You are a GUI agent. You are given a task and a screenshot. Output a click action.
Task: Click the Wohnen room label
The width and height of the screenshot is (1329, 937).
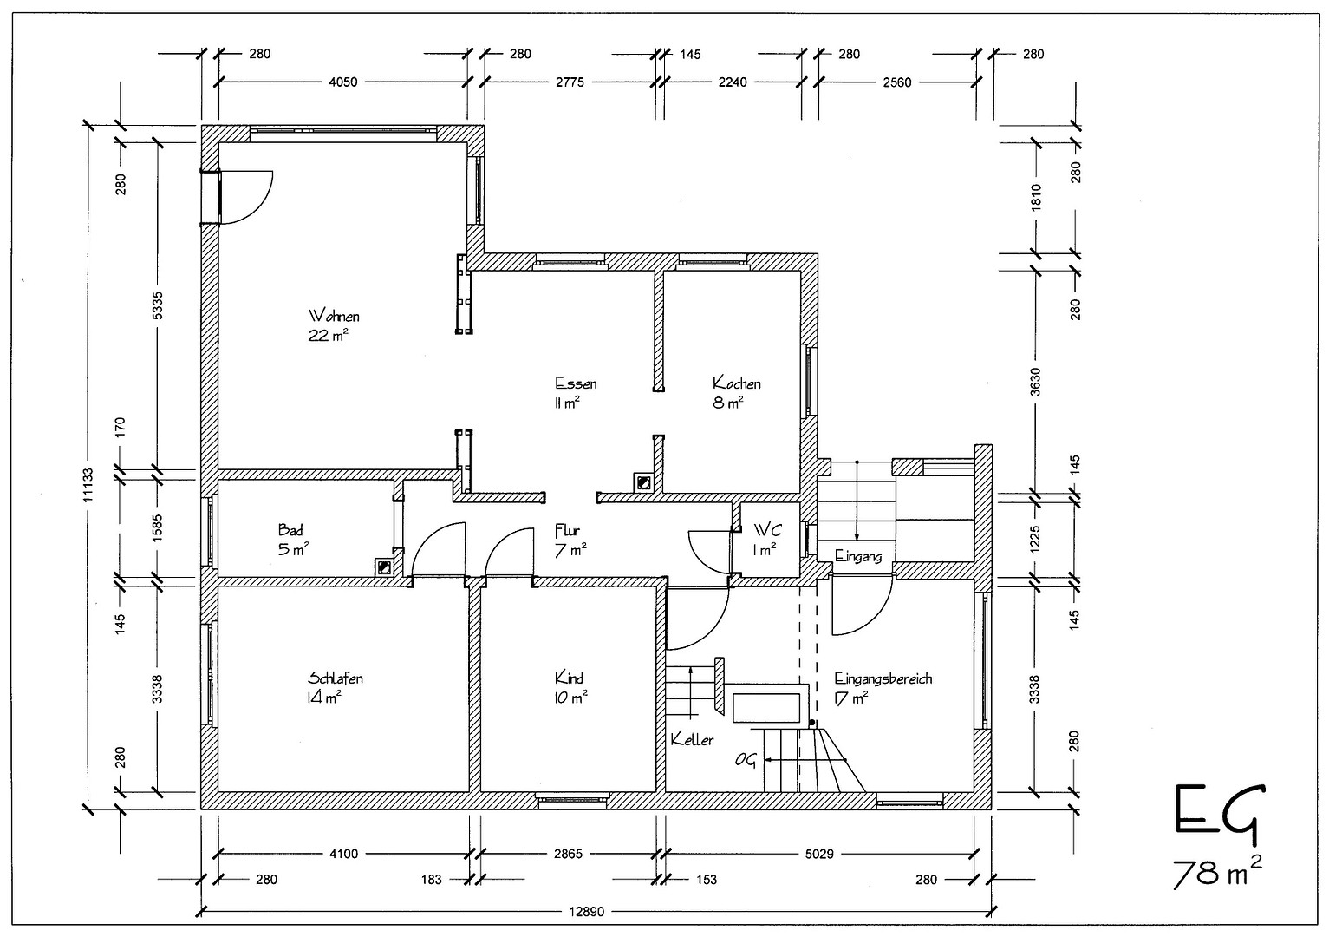coord(334,315)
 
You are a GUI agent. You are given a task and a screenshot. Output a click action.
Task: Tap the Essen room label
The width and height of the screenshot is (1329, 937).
coord(576,383)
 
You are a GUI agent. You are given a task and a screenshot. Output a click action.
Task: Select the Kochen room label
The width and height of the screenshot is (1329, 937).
coord(736,383)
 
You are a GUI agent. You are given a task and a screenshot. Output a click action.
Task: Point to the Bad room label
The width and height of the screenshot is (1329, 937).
coord(290,529)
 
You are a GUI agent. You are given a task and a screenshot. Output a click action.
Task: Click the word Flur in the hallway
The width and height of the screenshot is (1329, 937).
coord(567,529)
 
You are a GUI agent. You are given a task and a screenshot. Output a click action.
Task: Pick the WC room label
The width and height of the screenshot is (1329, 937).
coord(768,529)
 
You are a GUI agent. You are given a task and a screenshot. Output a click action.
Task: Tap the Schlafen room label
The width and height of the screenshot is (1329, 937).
coord(336,678)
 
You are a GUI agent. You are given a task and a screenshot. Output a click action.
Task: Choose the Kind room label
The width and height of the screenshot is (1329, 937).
coord(569,678)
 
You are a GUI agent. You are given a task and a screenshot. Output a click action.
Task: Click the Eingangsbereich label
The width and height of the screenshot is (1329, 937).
coord(883,678)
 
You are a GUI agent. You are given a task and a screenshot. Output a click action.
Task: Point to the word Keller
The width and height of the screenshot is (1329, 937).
coord(692,739)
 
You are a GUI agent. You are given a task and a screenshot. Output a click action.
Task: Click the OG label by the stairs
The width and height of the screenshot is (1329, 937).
coord(746,761)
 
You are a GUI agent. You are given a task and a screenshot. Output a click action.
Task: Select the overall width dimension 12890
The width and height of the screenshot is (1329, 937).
coord(586,912)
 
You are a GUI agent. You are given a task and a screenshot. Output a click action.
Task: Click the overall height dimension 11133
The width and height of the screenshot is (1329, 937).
coord(88,485)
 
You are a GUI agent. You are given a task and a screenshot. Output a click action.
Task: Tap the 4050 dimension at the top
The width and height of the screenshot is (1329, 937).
coord(343,82)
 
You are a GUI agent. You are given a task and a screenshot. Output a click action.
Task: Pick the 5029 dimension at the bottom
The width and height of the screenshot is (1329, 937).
coord(818,854)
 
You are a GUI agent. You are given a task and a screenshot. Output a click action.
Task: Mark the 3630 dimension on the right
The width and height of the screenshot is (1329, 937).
coord(1035,382)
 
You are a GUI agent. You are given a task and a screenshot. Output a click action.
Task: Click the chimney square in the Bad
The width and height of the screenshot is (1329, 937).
coord(384,567)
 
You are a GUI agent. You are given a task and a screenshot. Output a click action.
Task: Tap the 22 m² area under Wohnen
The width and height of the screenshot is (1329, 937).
coord(328,335)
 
